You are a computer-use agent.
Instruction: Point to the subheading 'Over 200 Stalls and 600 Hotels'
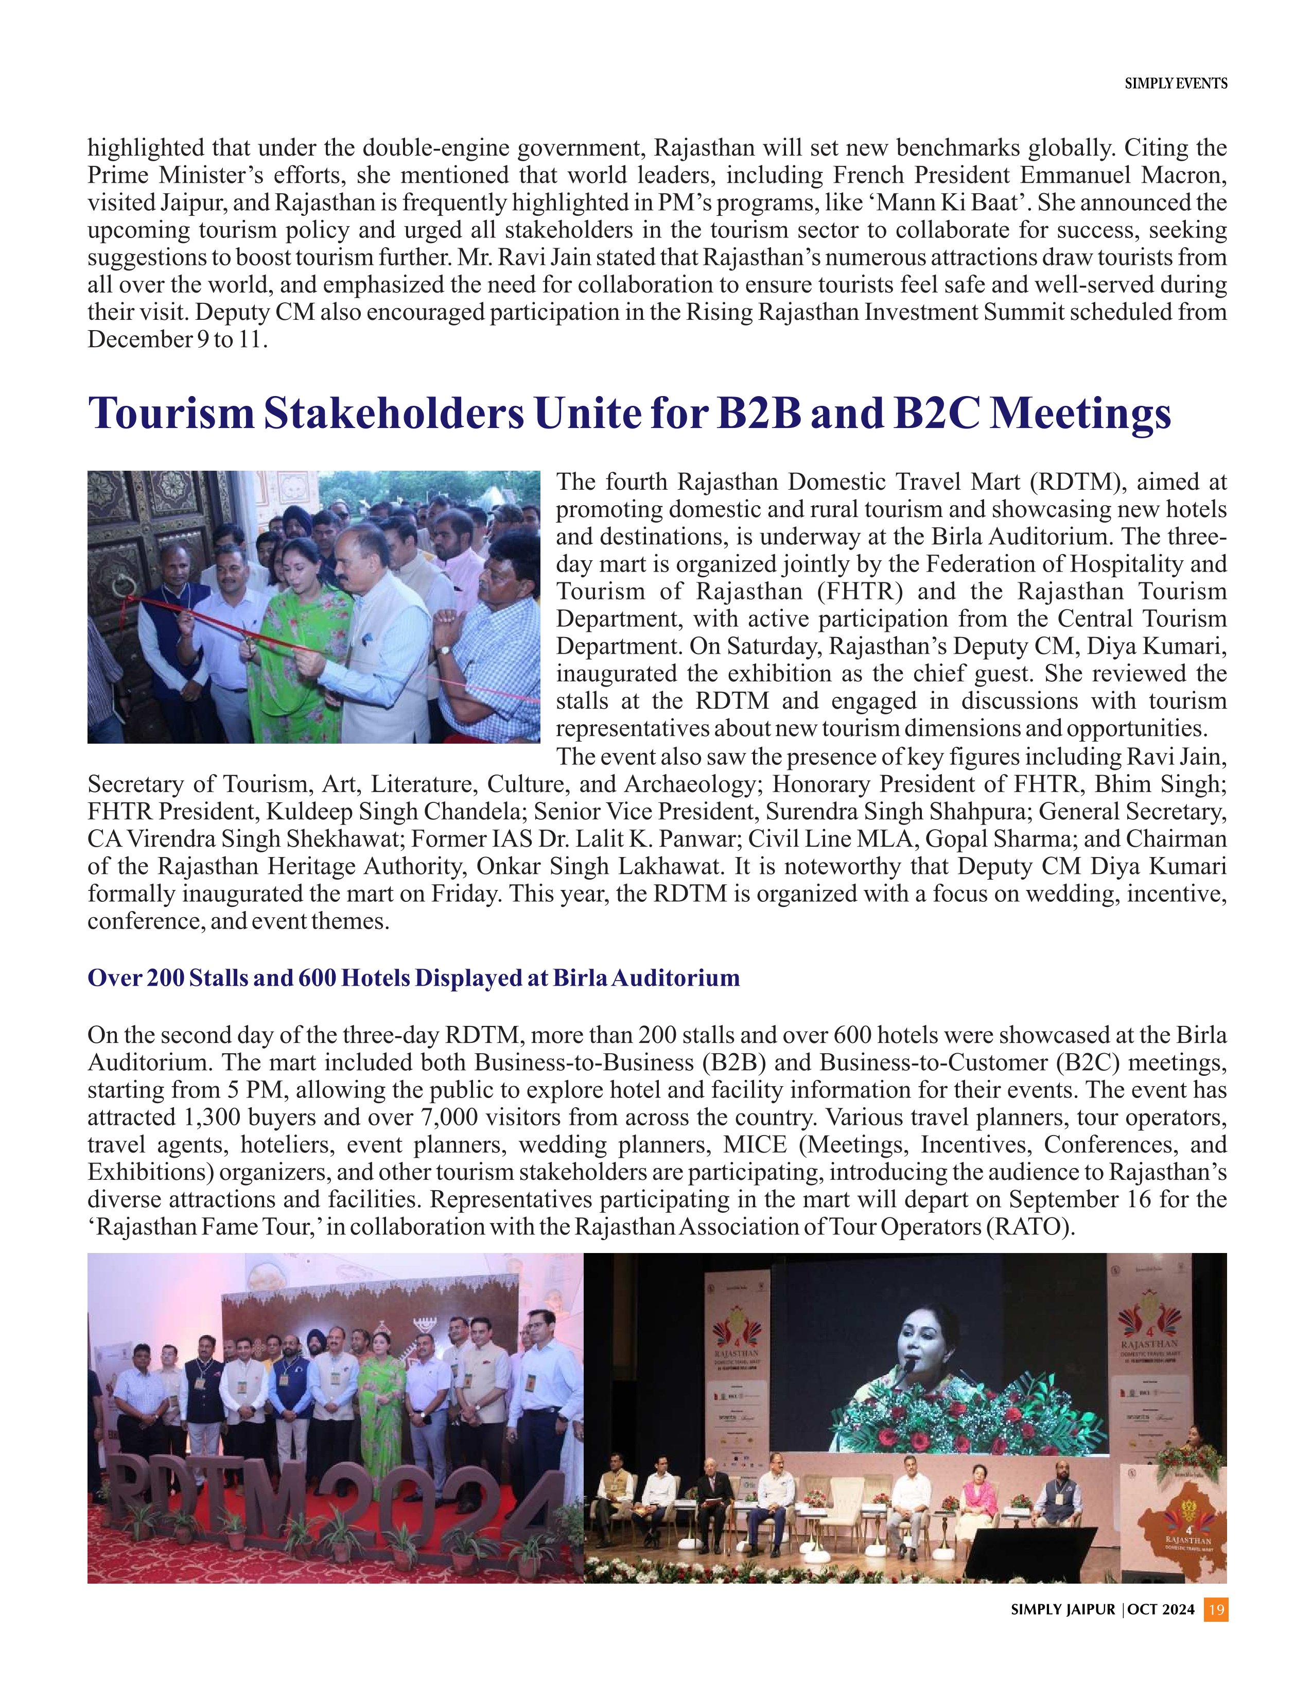(413, 978)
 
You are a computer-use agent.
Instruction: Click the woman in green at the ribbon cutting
(295, 622)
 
